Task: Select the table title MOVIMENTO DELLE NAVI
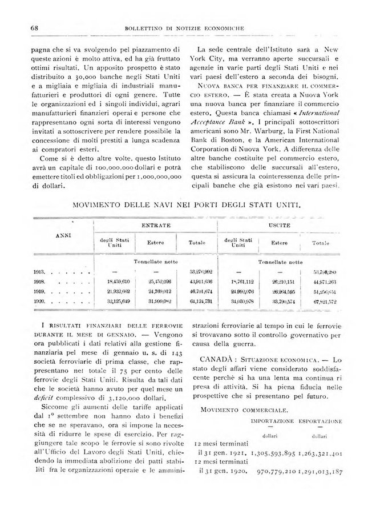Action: pos(187,203)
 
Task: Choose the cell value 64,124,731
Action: pos(200,300)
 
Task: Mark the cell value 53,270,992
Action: pos(200,273)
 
